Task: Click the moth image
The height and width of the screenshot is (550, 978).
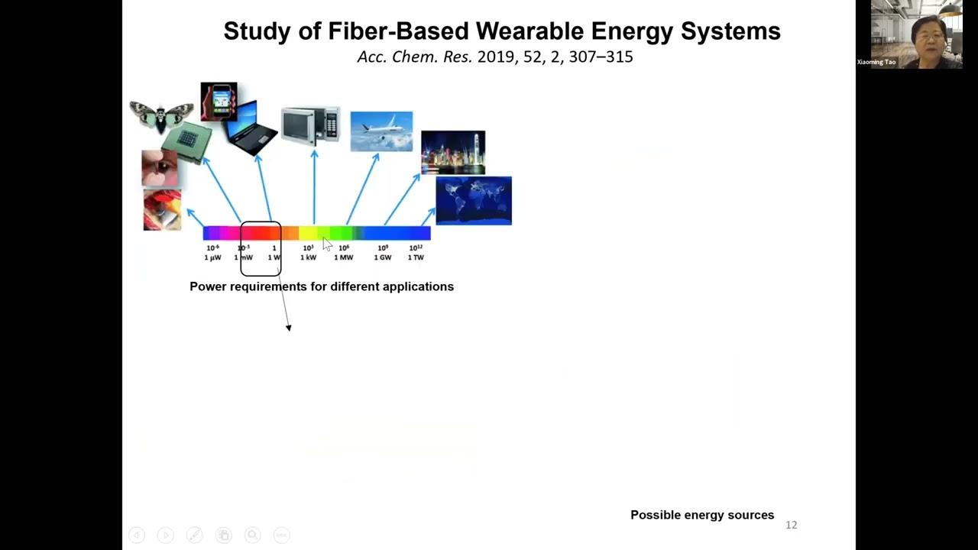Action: point(160,115)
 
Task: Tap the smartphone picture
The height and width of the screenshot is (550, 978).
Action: point(219,102)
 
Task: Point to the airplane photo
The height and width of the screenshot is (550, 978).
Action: point(381,131)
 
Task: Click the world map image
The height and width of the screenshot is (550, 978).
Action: point(474,201)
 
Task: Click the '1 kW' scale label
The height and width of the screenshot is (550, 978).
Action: point(308,257)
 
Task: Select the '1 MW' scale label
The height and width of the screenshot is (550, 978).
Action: point(344,257)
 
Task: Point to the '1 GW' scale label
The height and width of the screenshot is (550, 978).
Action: point(383,257)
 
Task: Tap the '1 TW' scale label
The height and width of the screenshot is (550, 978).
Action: point(416,257)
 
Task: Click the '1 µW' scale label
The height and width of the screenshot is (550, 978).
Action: point(212,257)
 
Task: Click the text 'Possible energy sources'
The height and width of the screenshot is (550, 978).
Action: point(702,515)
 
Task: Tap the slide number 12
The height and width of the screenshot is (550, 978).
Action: point(791,525)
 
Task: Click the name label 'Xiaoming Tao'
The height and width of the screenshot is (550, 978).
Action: point(876,62)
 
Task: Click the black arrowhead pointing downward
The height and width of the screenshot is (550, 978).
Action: point(289,328)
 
